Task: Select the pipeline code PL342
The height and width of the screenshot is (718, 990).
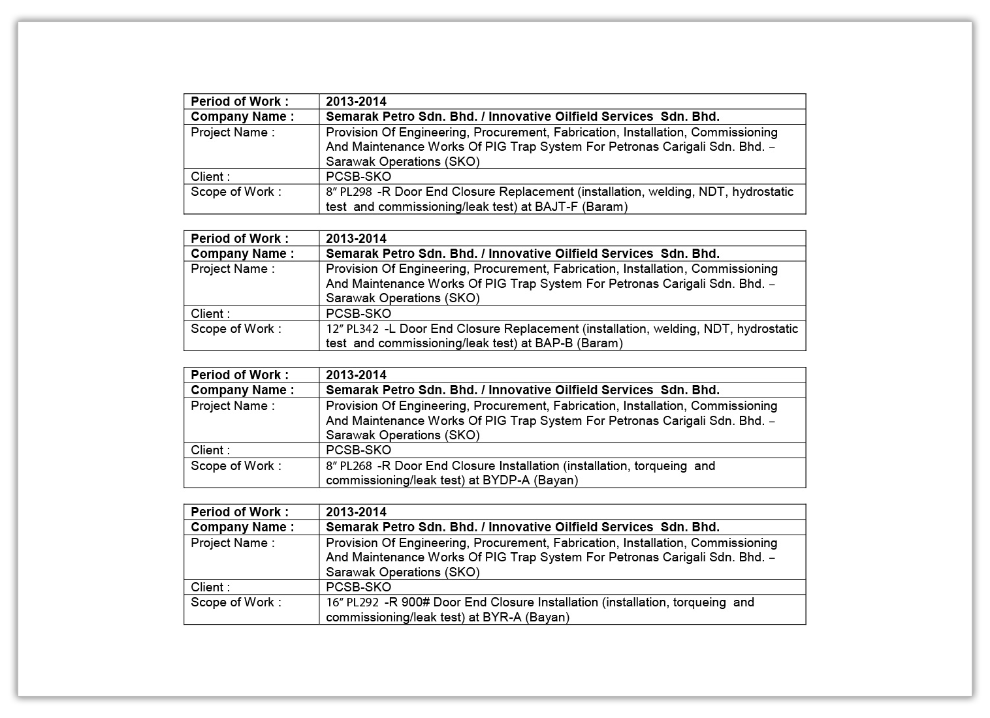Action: (362, 329)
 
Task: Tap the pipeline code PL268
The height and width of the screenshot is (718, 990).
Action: (356, 466)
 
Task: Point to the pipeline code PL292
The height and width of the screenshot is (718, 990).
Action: (362, 602)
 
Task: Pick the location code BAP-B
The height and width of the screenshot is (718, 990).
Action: (554, 343)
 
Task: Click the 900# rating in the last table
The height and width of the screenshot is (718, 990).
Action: (413, 602)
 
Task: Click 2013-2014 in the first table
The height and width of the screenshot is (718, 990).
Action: (356, 101)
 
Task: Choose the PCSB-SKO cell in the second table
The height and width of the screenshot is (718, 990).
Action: (359, 313)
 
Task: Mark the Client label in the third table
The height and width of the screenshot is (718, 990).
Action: (210, 450)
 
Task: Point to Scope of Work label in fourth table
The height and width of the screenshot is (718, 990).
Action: (236, 602)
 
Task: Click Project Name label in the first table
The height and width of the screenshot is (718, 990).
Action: (232, 133)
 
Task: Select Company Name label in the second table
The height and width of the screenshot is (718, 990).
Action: (242, 253)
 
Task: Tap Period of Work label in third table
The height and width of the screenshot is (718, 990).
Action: (240, 375)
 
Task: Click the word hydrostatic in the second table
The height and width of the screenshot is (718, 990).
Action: (767, 329)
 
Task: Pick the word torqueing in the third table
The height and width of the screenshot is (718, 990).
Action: (660, 466)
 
